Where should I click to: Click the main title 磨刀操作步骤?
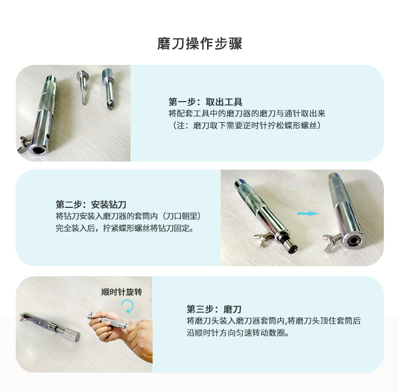click(x=200, y=44)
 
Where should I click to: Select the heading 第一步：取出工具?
click(x=206, y=102)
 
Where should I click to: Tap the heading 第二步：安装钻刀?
click(x=91, y=204)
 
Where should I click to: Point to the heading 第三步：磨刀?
click(x=214, y=309)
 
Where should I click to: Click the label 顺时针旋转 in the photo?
click(x=121, y=292)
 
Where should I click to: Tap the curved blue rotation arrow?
click(x=128, y=306)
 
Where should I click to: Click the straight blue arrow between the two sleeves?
click(x=308, y=213)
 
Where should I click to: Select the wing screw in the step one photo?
click(x=24, y=144)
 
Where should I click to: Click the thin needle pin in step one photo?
click(x=82, y=87)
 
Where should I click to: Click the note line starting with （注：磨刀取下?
click(x=246, y=125)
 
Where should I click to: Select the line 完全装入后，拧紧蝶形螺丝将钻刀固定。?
click(x=125, y=228)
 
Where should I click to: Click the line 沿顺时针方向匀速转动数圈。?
click(x=238, y=333)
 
